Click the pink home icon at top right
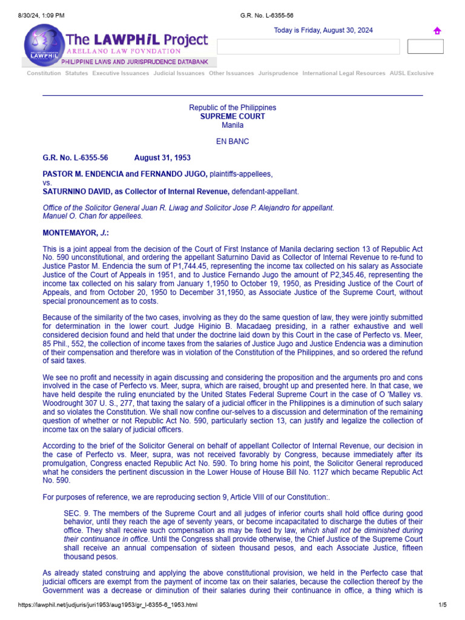pos(437,31)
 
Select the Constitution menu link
pos(44,73)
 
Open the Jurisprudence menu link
pos(278,73)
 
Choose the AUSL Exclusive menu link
pos(412,73)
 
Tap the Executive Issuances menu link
pos(120,73)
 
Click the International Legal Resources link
pos(343,73)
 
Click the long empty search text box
pos(308,47)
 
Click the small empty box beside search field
pos(425,47)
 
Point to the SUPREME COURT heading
pos(232,116)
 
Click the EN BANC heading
pos(232,142)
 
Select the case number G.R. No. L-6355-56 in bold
pos(75,158)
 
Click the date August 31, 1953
pos(162,158)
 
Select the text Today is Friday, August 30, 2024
pos(323,30)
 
